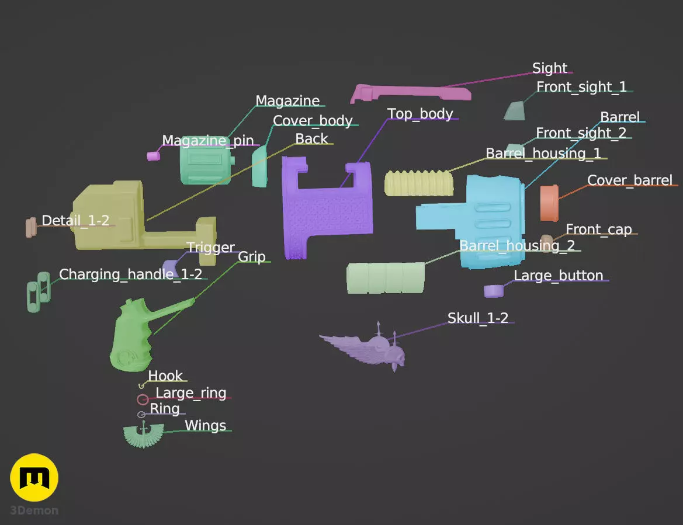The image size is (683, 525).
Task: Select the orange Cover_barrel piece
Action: click(549, 203)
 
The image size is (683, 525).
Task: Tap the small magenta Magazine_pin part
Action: click(153, 156)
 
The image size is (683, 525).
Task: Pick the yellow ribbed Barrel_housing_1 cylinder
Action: click(418, 183)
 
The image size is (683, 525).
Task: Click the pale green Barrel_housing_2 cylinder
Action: click(386, 278)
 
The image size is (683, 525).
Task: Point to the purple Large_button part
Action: click(494, 291)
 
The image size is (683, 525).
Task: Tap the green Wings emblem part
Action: click(143, 435)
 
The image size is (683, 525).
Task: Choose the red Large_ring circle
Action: click(143, 399)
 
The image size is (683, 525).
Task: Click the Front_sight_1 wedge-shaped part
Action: click(514, 110)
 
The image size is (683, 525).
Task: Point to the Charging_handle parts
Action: click(39, 291)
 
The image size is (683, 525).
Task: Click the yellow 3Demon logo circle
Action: click(34, 478)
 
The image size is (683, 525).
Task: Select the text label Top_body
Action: click(420, 114)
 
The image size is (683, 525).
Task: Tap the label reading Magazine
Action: click(287, 100)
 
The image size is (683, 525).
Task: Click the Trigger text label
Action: click(211, 247)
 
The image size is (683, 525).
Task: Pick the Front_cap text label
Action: click(598, 229)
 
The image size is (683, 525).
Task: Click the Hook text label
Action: click(165, 376)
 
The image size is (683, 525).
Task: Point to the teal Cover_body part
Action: click(259, 166)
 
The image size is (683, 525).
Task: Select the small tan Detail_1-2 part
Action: click(31, 228)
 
